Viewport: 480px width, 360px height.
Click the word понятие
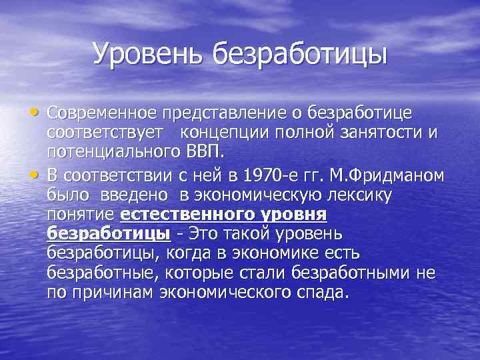[x=81, y=215]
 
